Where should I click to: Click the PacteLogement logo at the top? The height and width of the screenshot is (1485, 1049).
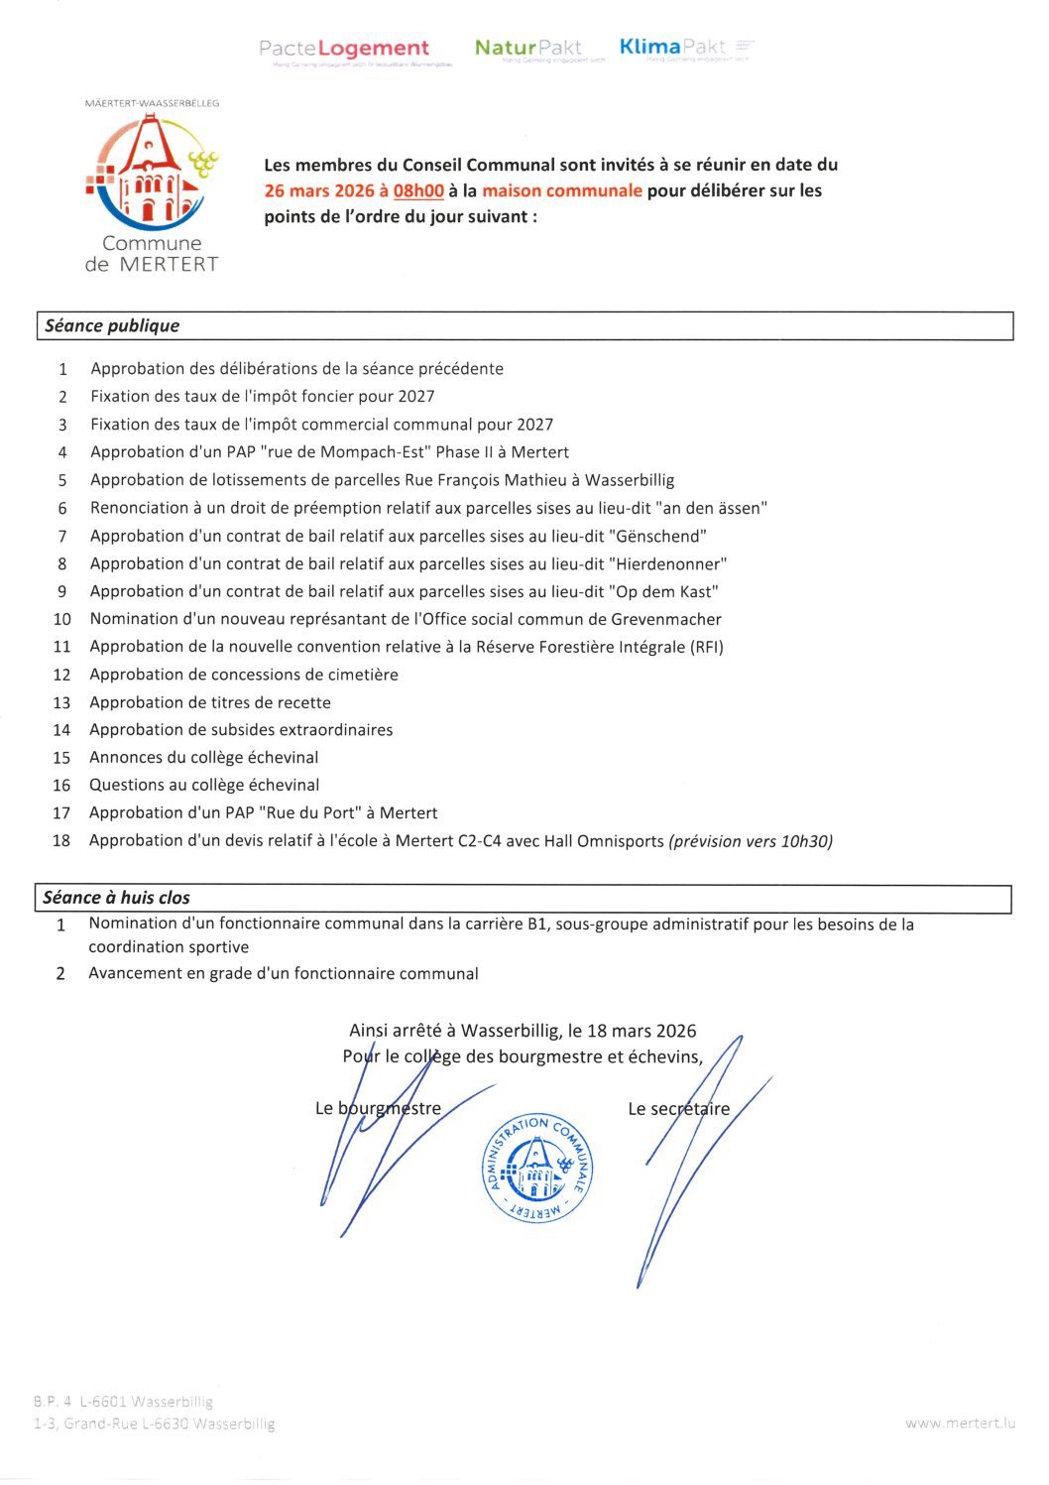tap(344, 49)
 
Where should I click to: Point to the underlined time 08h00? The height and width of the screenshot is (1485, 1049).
tap(418, 190)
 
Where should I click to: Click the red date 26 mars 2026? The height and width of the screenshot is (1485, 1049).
tap(318, 190)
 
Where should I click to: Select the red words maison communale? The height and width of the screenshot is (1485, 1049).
tap(562, 190)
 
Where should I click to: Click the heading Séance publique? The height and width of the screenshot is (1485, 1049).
tap(112, 325)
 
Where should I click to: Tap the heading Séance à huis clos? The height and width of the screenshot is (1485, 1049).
tap(116, 898)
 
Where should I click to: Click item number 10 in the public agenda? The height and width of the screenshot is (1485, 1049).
tap(61, 619)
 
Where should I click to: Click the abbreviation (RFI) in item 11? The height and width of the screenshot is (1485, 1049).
tap(707, 647)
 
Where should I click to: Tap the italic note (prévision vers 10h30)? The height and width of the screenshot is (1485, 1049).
tap(751, 841)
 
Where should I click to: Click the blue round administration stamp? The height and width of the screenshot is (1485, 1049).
tap(536, 1167)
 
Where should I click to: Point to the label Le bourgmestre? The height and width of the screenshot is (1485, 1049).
tap(378, 1108)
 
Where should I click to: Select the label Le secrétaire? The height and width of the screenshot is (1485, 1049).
tap(678, 1109)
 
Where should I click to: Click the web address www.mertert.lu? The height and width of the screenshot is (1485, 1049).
tap(960, 1423)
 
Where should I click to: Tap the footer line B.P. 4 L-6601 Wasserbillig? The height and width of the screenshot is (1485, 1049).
tap(123, 1402)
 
